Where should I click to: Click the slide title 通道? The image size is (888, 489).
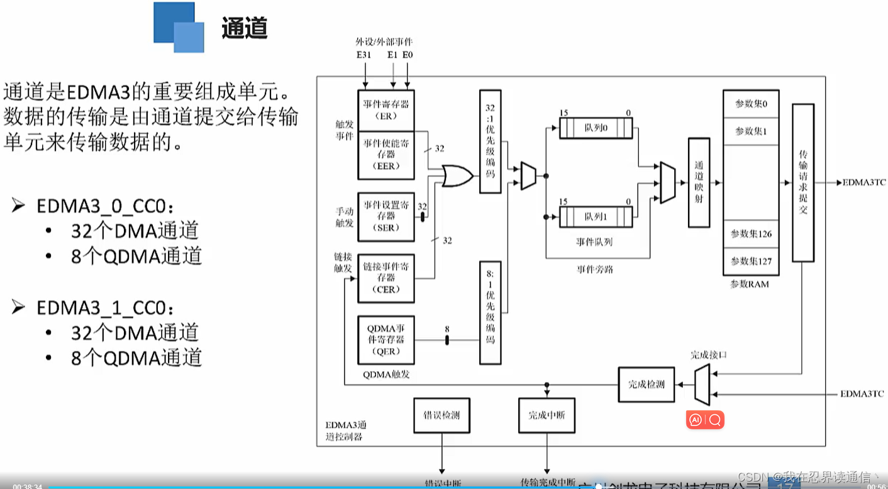coord(244,28)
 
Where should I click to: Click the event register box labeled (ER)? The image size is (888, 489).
coord(386,110)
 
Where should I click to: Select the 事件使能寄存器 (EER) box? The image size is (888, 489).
coord(386,155)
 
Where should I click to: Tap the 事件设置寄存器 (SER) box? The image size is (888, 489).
coord(386,216)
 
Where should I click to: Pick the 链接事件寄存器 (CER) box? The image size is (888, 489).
coord(386,278)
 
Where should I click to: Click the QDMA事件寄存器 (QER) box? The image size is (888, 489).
coord(386,340)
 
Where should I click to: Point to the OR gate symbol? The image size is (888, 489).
coord(457,176)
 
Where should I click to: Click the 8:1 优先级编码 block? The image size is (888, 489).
coord(490,312)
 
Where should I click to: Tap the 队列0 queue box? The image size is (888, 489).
coord(596,128)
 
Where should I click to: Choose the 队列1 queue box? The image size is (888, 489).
coord(596,217)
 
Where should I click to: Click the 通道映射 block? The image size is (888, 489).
coord(699,183)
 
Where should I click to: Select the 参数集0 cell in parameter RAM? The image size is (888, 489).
coord(751,104)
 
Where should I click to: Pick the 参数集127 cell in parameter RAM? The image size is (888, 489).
coord(751,261)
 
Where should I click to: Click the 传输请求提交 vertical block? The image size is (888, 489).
coord(802,183)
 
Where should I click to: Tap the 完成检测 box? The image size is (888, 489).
coord(646,385)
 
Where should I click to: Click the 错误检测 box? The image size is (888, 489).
coord(441,415)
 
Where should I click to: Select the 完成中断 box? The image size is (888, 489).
coord(547,415)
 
